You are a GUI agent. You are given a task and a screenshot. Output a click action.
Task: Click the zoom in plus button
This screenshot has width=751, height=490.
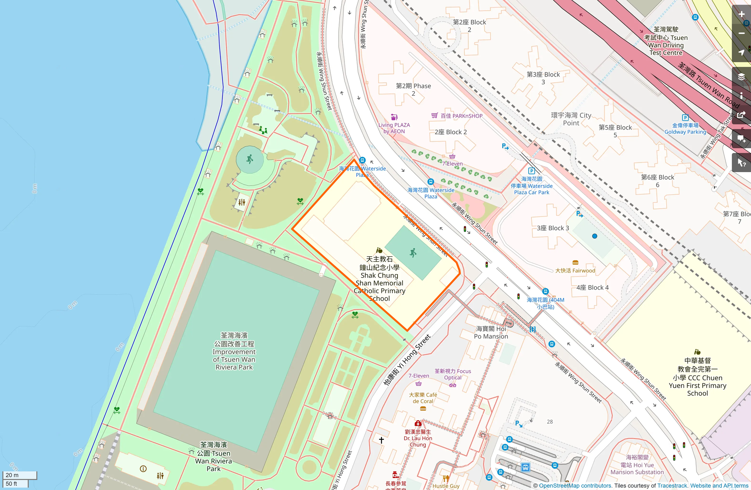pos(741,14)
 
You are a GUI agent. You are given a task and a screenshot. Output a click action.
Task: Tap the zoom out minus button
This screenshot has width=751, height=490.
pos(741,33)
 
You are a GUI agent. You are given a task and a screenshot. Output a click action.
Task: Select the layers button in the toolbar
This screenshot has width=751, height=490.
pos(741,76)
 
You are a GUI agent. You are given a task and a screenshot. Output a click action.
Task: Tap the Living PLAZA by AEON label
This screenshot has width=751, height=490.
pos(394,128)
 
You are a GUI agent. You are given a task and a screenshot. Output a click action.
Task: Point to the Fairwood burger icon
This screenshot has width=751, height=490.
pos(575,263)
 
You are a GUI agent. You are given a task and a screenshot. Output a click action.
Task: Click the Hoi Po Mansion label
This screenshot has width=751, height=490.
pos(491,332)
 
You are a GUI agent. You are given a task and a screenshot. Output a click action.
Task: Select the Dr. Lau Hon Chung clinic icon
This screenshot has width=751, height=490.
pos(418,423)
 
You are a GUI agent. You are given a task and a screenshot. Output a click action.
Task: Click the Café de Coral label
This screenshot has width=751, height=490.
pos(423,398)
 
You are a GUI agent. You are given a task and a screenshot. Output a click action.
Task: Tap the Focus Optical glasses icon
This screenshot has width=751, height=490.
pos(452,385)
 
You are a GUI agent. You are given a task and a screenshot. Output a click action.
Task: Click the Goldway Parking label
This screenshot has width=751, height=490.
pos(685,129)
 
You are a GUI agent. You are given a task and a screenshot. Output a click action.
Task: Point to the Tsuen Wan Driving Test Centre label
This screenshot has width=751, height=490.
pos(666,41)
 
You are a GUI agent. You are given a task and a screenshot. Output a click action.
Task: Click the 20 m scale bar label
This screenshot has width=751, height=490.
pos(12,475)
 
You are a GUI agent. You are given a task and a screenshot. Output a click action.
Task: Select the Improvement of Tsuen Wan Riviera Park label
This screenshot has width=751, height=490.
pos(234,351)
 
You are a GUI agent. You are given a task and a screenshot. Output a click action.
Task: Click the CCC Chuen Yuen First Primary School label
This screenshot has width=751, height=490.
pos(697,377)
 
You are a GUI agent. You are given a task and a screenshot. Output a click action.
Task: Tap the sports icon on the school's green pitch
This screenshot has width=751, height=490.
pos(413,253)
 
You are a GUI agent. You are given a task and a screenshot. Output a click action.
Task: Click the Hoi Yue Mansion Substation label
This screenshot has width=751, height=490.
pos(637,465)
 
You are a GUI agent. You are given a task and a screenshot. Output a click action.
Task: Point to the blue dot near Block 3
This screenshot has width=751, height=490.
pos(594,236)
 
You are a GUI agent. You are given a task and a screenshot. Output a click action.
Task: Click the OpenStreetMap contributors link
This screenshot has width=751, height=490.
pos(575,486)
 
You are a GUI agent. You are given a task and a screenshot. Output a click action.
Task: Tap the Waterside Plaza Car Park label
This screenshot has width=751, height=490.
pos(531,186)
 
